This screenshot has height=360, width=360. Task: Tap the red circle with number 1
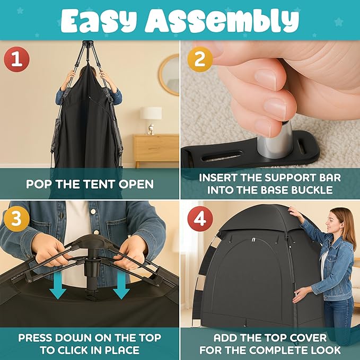(x=17, y=59)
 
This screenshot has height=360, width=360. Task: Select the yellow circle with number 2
(x=199, y=59)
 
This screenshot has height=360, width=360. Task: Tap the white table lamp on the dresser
(x=151, y=118)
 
